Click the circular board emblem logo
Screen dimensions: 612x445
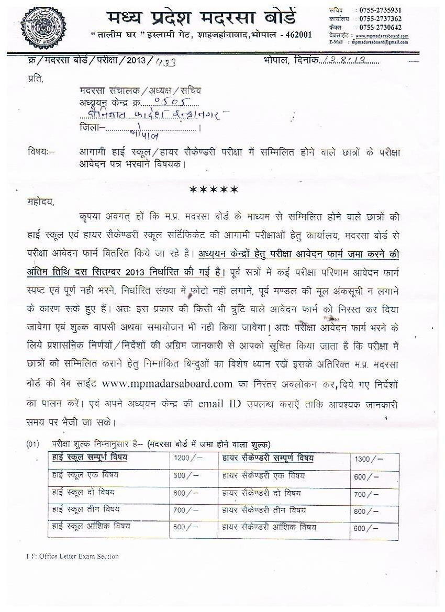tap(43, 25)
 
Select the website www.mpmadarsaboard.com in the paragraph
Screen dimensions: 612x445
tap(167, 384)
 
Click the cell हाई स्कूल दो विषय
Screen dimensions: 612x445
tap(83, 493)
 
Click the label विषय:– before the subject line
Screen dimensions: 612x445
tap(41, 152)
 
